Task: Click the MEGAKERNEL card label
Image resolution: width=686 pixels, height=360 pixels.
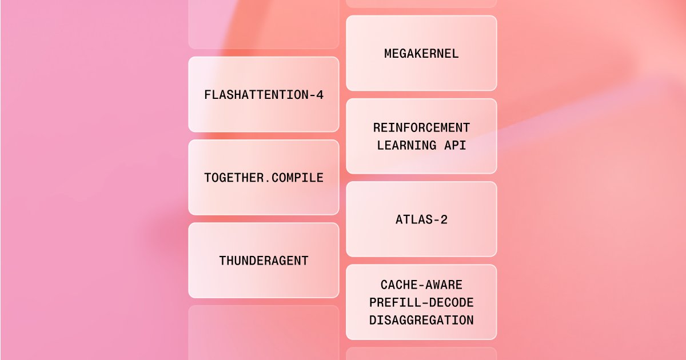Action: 421,54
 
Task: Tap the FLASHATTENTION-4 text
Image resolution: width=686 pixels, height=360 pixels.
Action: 264,95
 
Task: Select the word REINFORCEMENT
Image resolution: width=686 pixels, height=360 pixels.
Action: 421,127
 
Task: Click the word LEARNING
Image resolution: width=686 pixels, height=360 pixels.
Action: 406,145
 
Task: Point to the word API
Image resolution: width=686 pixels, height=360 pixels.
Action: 455,145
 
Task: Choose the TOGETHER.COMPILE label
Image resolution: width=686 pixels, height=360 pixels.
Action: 264,178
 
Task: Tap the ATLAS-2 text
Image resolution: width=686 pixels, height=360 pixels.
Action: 421,219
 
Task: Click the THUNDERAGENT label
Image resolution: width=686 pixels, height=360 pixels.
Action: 264,261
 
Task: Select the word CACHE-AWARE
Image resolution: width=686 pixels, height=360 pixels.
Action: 421,285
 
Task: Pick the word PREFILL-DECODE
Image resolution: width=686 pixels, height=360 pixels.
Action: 421,302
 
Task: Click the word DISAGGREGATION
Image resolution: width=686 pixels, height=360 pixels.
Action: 421,320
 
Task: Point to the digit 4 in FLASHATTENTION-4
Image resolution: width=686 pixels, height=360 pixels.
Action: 320,95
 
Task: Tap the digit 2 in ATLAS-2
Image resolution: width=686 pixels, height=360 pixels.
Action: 444,219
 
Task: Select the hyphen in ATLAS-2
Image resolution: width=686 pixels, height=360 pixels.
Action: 436,220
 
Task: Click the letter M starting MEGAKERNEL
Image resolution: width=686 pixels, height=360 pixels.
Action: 388,54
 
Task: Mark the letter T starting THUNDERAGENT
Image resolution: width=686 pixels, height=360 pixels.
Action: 223,261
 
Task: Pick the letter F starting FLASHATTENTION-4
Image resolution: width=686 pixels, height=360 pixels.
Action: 208,95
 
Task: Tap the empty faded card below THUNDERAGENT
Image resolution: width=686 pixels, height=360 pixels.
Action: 264,333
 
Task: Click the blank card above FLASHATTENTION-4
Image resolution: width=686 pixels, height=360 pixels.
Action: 264,25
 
